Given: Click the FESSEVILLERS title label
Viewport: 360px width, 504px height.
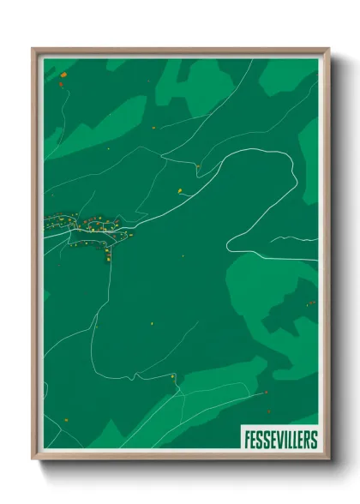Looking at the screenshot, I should (279, 439).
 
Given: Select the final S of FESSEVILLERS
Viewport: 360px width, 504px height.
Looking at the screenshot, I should (313, 439).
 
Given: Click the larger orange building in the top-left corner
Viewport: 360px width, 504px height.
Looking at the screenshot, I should (63, 84).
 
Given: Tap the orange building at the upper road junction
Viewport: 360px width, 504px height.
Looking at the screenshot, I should (197, 165).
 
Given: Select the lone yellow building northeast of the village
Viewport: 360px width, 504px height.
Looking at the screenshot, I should (182, 190).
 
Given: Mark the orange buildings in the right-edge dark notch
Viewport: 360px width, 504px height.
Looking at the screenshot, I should (311, 303).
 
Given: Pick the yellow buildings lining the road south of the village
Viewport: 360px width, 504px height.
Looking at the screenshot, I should (109, 253).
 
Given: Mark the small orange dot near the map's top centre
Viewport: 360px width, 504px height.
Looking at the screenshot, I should (153, 128).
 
